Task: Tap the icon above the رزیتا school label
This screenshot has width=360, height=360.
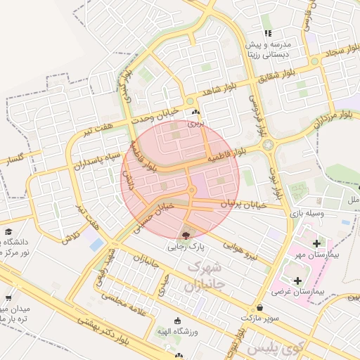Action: pyautogui.click(x=267, y=33)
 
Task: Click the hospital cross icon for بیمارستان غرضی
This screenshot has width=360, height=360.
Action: pyautogui.click(x=297, y=280)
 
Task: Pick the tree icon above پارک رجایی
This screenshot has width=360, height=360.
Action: pyautogui.click(x=185, y=235)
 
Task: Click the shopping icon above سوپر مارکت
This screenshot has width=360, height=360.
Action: pyautogui.click(x=260, y=307)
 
